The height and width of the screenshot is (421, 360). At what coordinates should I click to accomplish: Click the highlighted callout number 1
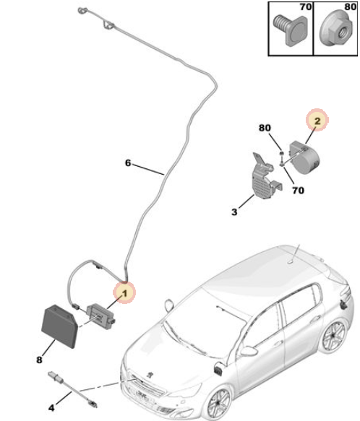124,293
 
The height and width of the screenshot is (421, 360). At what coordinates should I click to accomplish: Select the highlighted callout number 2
317,121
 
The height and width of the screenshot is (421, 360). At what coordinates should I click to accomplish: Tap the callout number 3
234,212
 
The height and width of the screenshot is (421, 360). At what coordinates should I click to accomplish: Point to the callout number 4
51,408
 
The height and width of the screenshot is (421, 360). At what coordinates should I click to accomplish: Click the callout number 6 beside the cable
128,162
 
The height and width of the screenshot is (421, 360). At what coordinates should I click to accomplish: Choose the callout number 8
39,360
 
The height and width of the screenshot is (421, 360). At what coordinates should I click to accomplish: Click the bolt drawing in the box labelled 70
291,30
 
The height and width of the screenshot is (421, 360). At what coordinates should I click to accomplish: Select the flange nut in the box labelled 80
337,29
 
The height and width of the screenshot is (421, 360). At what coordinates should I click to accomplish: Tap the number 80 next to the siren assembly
265,128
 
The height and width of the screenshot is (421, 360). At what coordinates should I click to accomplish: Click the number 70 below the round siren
298,191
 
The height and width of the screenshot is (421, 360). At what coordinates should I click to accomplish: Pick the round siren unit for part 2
304,157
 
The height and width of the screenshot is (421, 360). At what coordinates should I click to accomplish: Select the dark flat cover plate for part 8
60,326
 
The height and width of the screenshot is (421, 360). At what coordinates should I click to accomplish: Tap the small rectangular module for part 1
100,316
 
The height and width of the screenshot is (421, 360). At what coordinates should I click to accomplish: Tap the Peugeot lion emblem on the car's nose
150,373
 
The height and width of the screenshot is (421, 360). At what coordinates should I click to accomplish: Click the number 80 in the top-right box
351,6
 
